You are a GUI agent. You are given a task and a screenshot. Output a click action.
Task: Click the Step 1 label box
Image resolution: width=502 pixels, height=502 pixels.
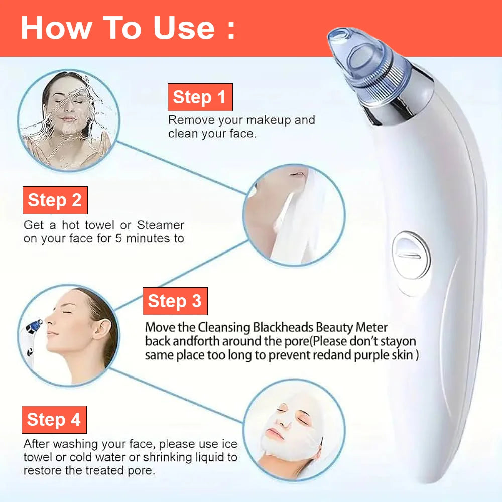coord(200,97)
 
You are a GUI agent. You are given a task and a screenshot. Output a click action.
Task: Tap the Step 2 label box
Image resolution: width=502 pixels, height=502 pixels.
coord(55,200)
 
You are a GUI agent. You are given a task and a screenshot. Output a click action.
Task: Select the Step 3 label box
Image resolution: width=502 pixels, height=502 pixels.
coord(175,301)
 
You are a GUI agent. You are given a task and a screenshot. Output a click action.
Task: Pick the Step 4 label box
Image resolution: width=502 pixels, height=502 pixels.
coord(54,419)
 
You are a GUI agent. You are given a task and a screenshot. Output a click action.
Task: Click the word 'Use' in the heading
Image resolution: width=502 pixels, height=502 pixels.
coord(183,28)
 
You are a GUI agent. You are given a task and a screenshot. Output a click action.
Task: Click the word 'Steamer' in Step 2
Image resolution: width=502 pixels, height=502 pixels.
coord(161,225)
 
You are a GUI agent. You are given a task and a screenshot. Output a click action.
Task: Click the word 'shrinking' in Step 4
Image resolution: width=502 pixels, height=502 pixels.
coord(166,457)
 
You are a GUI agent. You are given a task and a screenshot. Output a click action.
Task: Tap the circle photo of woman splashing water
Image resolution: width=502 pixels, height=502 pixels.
coord(68,120)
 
